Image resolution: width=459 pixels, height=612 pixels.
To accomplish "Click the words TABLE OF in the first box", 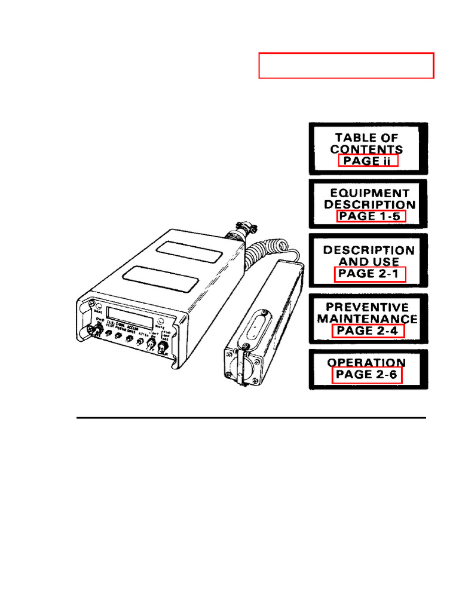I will [367, 137].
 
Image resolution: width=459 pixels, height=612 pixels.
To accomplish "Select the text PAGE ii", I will [368, 161].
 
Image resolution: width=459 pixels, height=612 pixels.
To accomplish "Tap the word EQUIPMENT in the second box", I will [369, 193].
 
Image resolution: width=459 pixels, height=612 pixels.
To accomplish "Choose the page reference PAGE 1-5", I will [371, 216].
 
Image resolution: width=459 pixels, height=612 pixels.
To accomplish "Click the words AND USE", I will [369, 262].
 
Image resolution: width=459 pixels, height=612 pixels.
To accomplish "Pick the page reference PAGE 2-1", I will [369, 274].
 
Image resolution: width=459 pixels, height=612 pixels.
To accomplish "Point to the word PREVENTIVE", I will [368, 307].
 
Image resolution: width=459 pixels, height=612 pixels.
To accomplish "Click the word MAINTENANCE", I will [368, 319].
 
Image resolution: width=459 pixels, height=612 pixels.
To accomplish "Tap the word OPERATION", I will [366, 363].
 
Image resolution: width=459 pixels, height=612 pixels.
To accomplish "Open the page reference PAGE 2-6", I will [367, 375].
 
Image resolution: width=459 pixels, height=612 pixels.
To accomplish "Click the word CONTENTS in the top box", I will [366, 149].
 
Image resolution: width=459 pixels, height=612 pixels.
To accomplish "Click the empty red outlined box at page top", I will [346, 66].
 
